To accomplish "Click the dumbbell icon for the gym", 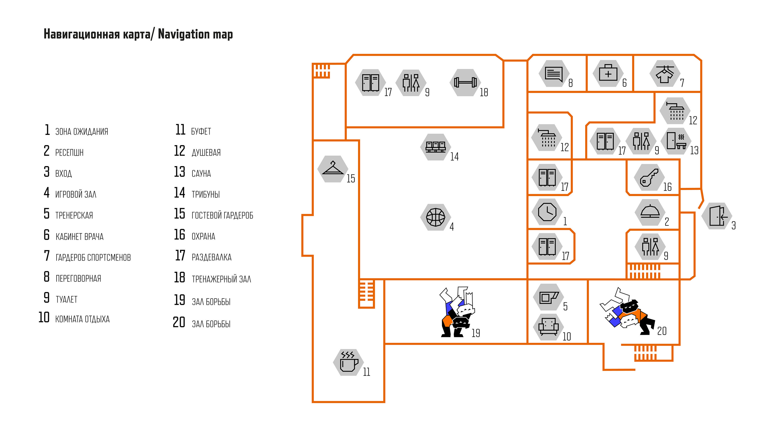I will pyautogui.click(x=465, y=83).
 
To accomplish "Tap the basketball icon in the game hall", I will pyautogui.click(x=435, y=217).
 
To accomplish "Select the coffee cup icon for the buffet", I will pyautogui.click(x=349, y=363).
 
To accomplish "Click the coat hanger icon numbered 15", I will pyautogui.click(x=333, y=169).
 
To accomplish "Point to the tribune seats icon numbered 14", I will pyautogui.click(x=435, y=147).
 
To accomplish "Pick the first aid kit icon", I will pyautogui.click(x=608, y=74).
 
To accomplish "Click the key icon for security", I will pyautogui.click(x=649, y=178).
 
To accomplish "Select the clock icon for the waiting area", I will pyautogui.click(x=547, y=212).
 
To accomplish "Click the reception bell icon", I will pyautogui.click(x=650, y=212).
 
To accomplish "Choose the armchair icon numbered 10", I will pyautogui.click(x=548, y=327).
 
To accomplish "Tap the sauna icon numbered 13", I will pyautogui.click(x=676, y=141).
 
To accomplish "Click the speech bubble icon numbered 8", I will pyautogui.click(x=554, y=74).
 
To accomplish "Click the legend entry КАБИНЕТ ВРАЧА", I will pyautogui.click(x=79, y=237).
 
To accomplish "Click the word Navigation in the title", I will pyautogui.click(x=184, y=34).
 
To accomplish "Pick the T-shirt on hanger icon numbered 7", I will pyautogui.click(x=665, y=74).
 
